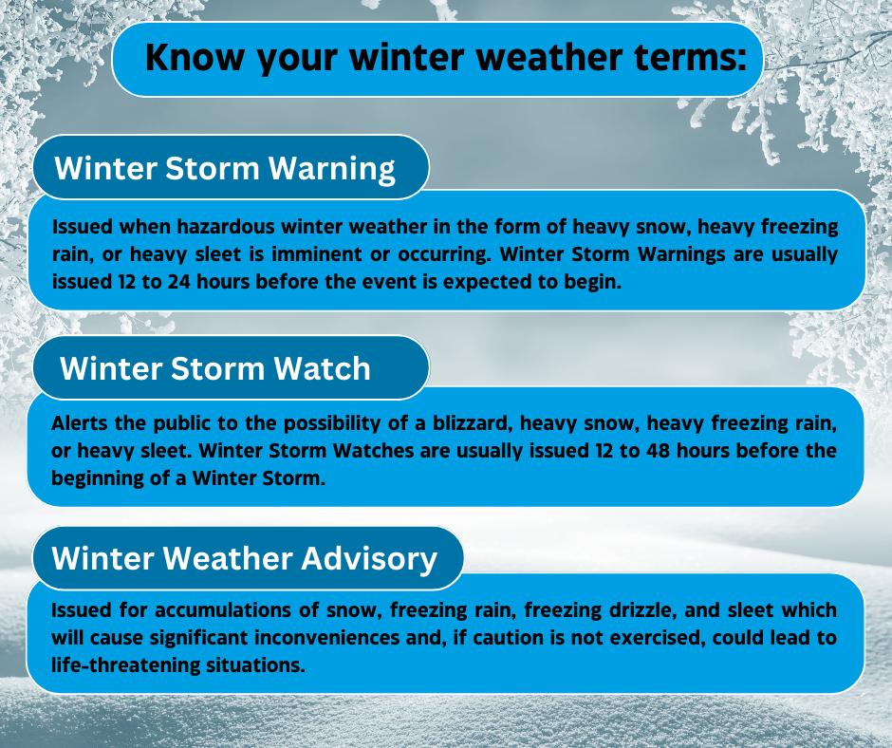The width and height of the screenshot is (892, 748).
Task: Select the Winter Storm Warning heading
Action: (225, 168)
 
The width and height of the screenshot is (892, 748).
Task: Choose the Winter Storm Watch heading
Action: (215, 367)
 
